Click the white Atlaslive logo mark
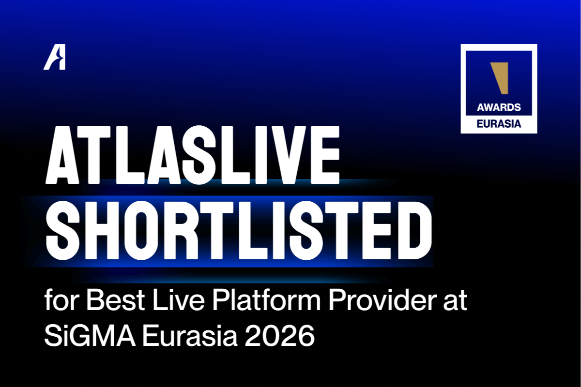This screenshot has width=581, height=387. click(x=54, y=60)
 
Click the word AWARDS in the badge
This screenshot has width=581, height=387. click(x=499, y=107)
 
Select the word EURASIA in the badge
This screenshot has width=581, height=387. click(x=499, y=123)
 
